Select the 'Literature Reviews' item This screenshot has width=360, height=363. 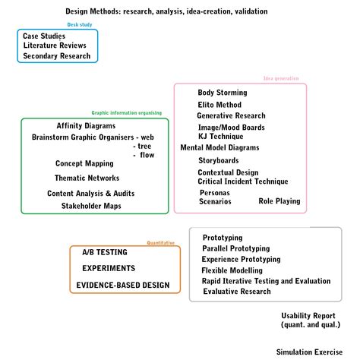tap(54, 46)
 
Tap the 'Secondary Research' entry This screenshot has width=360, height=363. tap(56, 56)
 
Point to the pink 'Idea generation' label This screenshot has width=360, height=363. tap(281, 78)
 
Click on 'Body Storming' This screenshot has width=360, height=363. tap(223, 93)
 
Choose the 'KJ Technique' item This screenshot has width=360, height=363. tap(220, 136)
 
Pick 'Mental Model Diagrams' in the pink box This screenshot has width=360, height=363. tap(219, 147)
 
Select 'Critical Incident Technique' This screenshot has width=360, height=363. tap(243, 181)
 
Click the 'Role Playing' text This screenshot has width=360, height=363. tap(279, 201)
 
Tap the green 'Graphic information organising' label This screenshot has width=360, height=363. tap(127, 112)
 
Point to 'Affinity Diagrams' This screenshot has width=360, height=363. tap(86, 125)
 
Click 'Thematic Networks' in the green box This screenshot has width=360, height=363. tap(87, 178)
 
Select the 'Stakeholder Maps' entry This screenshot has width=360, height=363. tap(91, 206)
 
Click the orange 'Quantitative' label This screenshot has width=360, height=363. tap(160, 242)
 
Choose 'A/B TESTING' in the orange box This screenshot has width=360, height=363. tap(104, 251)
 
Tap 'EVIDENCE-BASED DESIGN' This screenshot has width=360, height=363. tap(122, 286)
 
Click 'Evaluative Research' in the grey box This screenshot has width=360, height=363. tap(236, 292)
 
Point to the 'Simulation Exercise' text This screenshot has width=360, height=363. tap(309, 352)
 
